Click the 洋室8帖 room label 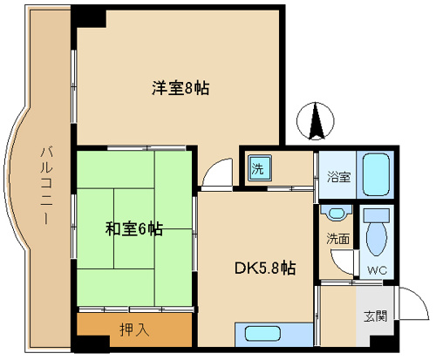click(x=181, y=88)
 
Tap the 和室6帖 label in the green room click(x=133, y=228)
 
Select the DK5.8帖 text click(x=265, y=268)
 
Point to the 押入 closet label click(x=134, y=329)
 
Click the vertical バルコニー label click(x=46, y=186)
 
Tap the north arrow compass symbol click(x=316, y=121)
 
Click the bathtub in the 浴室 click(x=377, y=174)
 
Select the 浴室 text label click(x=339, y=177)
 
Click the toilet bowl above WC click(x=377, y=234)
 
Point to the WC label click(x=377, y=270)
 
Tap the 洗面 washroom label click(x=337, y=239)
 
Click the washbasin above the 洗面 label click(x=337, y=214)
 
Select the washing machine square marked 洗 click(x=260, y=168)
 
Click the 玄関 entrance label click(x=376, y=316)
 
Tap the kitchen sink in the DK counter click(x=262, y=334)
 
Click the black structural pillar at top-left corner click(x=89, y=17)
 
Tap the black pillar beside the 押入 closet click(x=92, y=343)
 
